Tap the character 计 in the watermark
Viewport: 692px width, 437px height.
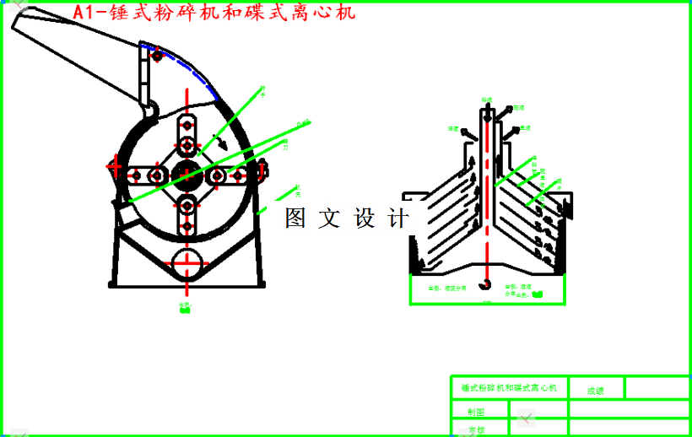click(x=399, y=218)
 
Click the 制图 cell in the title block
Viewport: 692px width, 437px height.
click(x=478, y=413)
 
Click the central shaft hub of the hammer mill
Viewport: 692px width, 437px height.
click(x=187, y=175)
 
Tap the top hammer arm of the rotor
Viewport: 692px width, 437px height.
click(x=187, y=136)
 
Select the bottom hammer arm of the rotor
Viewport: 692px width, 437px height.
click(x=187, y=214)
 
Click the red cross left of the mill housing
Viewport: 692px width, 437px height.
click(x=114, y=166)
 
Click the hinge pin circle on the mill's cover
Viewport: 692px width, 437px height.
click(x=157, y=56)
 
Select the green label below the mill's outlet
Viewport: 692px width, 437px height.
click(x=185, y=306)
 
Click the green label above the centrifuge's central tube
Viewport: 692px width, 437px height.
click(x=486, y=99)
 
